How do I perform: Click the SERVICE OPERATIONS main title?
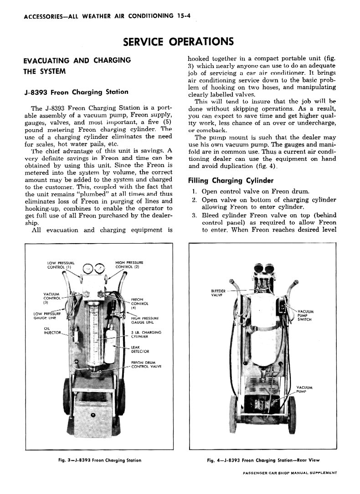pos(179,42)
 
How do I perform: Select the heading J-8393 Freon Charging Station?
pos(76,92)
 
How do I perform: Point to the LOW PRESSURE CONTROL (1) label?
pos(61,265)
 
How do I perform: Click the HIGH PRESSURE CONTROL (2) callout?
pos(129,265)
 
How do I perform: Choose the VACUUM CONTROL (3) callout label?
pos(52,298)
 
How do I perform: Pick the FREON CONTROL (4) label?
pos(138,303)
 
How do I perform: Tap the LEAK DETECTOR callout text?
pos(137,349)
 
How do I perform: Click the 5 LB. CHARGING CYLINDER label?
pos(146,335)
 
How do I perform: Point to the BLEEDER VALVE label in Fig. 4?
pos(219,292)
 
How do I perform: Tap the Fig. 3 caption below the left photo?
pos(100,460)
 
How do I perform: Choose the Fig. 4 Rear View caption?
pos(263,460)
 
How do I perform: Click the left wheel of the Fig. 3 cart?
pos(67,396)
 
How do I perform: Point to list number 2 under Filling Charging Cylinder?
pos(194,200)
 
